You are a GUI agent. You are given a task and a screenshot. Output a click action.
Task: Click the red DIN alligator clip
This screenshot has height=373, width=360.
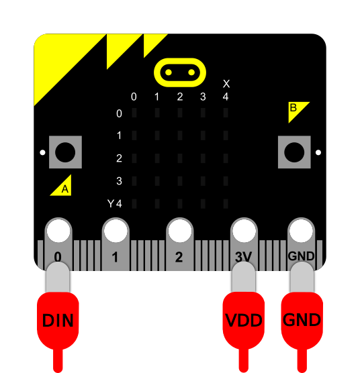click(x=58, y=319)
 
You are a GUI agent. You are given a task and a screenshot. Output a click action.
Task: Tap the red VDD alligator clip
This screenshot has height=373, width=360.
click(x=243, y=319)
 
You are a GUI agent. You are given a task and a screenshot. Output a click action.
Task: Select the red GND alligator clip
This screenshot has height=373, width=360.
click(x=302, y=319)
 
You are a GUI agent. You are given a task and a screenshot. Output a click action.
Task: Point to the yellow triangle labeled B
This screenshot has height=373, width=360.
click(x=295, y=109)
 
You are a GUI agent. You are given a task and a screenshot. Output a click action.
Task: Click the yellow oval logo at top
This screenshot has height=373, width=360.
click(x=179, y=71)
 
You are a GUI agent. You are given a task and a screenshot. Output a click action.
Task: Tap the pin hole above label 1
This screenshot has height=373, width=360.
click(x=115, y=231)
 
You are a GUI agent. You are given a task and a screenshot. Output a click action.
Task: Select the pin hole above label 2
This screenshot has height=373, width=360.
click(x=179, y=231)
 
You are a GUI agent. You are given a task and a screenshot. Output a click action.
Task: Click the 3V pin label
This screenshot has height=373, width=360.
click(x=243, y=257)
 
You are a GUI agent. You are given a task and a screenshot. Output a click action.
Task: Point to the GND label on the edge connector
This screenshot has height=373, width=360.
click(x=301, y=256)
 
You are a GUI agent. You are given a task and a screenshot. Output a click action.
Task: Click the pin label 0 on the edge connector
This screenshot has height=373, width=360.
click(x=58, y=257)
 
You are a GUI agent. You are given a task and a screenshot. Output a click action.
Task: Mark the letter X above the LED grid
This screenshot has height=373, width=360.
click(x=226, y=84)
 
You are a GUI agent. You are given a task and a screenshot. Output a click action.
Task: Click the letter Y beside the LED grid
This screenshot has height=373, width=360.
click(x=111, y=203)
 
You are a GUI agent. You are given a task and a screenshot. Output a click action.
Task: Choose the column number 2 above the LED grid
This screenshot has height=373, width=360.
click(x=180, y=97)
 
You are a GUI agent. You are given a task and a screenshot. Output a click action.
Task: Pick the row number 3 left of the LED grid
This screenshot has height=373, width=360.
click(x=119, y=180)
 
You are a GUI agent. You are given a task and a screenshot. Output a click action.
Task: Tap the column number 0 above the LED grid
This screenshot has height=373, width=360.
click(x=134, y=97)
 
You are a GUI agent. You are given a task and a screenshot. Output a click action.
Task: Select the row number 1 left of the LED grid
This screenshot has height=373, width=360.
click(x=119, y=136)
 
